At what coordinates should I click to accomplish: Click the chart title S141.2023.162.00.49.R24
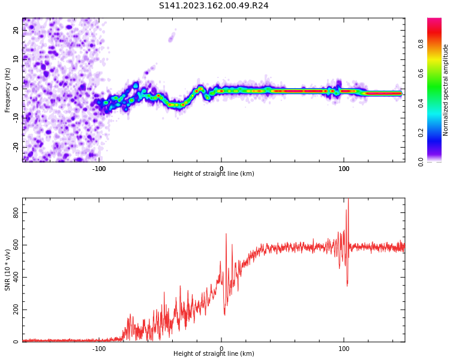tap(214, 6)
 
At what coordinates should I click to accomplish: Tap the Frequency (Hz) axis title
tap(8, 90)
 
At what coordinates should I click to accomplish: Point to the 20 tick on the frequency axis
tap(16, 30)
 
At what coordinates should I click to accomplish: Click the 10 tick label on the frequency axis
tap(16, 59)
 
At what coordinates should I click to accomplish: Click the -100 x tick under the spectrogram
tap(99, 169)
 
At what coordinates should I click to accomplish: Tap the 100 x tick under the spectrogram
tap(344, 169)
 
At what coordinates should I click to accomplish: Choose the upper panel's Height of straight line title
tap(214, 174)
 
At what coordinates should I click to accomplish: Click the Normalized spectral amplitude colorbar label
tap(446, 90)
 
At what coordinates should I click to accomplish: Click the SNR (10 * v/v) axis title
tap(8, 270)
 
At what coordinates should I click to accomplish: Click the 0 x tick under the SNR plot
tap(221, 349)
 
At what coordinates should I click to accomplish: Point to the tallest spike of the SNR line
tap(348, 200)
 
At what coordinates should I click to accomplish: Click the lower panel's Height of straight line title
tap(214, 354)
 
